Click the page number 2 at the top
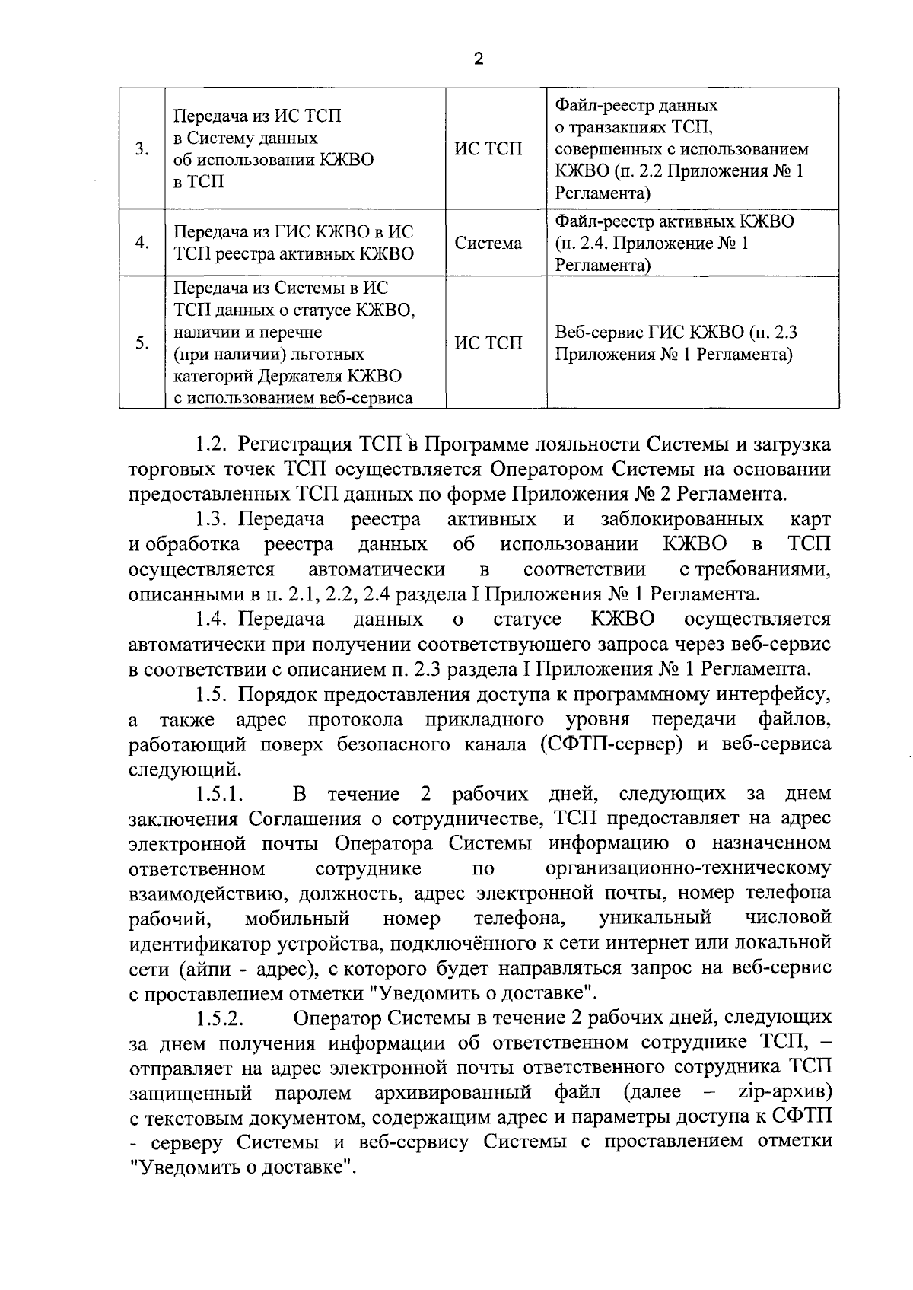tap(479, 59)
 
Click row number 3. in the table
tap(142, 149)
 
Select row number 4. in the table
tap(142, 243)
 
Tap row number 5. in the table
tap(142, 343)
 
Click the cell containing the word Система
tap(488, 243)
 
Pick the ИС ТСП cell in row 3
tap(488, 149)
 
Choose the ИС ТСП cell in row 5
tap(488, 343)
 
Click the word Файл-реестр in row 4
tap(602, 221)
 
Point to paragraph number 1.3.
tap(210, 519)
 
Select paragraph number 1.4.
tap(210, 619)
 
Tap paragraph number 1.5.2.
tap(219, 1018)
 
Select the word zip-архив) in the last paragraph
tap(784, 1093)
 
